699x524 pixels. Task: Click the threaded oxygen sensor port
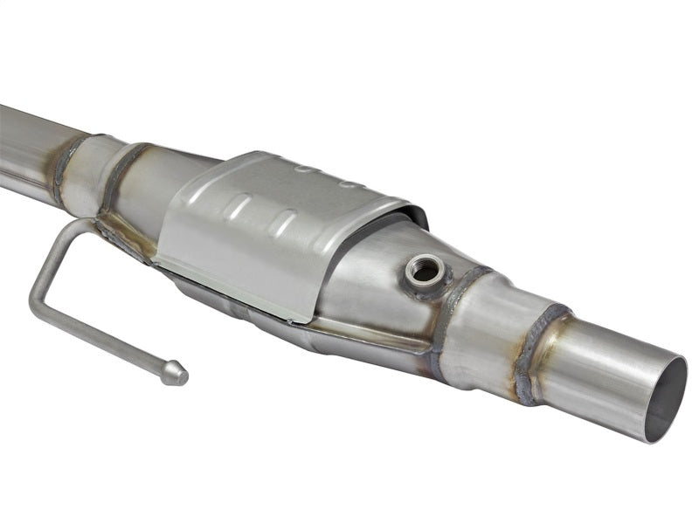click(425, 271)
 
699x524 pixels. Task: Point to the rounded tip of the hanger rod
click(174, 374)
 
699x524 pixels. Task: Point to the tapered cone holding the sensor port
click(384, 271)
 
